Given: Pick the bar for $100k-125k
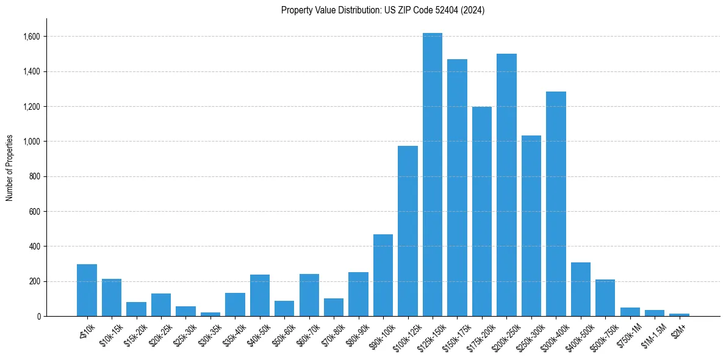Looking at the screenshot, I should [x=408, y=231].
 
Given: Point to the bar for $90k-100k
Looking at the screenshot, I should [x=383, y=275].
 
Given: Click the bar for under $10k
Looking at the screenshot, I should [x=87, y=290].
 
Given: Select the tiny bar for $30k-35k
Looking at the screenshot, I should [x=210, y=314].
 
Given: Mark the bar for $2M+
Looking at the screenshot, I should [x=679, y=315].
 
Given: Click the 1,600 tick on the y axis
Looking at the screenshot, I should [x=32, y=37].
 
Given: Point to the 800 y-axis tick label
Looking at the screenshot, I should [x=35, y=177].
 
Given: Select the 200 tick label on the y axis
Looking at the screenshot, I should [x=35, y=282].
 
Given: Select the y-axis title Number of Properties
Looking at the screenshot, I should [x=10, y=168].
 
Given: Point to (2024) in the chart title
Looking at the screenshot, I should [x=473, y=10].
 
